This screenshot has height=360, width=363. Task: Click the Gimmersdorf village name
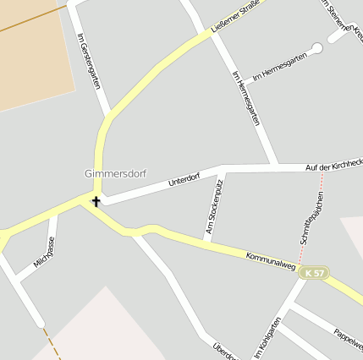[x=115, y=174]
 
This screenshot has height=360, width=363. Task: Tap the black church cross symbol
[x=96, y=201]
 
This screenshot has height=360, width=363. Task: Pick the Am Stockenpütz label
[x=213, y=207]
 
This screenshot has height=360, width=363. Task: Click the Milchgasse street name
[x=45, y=253]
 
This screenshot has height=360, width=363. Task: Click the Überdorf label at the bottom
[x=223, y=350]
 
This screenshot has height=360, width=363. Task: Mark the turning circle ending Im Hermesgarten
[x=317, y=47]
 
